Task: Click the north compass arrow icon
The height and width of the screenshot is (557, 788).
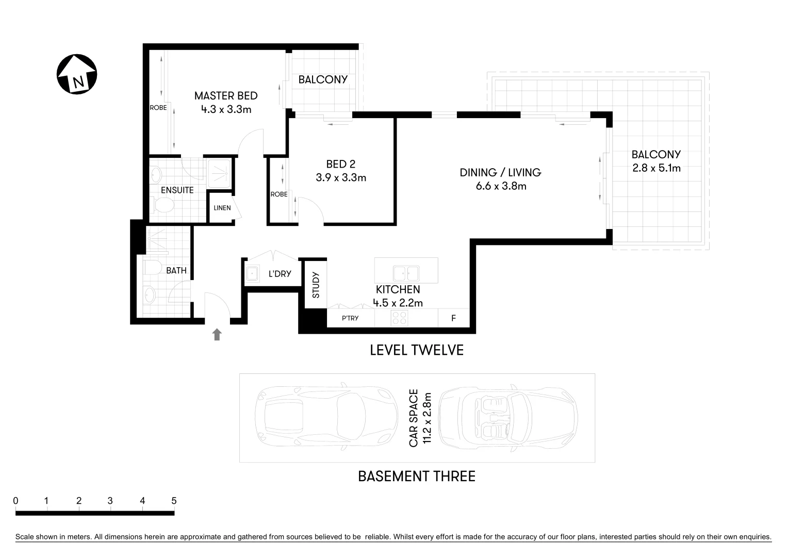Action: (x=77, y=74)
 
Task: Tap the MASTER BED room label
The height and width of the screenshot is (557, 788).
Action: (x=225, y=96)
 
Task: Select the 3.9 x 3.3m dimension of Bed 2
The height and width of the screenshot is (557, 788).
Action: (x=341, y=178)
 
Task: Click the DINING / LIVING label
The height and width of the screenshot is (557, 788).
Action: (x=500, y=172)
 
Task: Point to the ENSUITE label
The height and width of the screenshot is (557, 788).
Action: (x=177, y=190)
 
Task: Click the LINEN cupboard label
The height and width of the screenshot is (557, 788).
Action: (x=222, y=208)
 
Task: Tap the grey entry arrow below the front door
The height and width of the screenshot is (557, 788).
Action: (x=217, y=334)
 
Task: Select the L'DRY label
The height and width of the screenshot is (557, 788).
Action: (x=280, y=274)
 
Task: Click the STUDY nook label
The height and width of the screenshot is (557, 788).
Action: (x=316, y=285)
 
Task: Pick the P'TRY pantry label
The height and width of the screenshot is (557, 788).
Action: (x=350, y=318)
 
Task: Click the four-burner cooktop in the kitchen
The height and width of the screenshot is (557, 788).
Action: (x=399, y=318)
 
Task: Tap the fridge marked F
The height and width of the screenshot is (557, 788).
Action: (x=454, y=318)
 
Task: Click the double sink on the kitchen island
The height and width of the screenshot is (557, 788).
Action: (x=406, y=273)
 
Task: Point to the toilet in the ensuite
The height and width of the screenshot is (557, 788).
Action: (x=164, y=206)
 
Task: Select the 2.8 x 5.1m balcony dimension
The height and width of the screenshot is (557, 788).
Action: (x=656, y=168)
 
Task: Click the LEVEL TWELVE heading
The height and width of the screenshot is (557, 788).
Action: (x=417, y=351)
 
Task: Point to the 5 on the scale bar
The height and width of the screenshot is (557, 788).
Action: (x=174, y=501)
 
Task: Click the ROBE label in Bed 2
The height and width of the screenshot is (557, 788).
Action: (x=279, y=194)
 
